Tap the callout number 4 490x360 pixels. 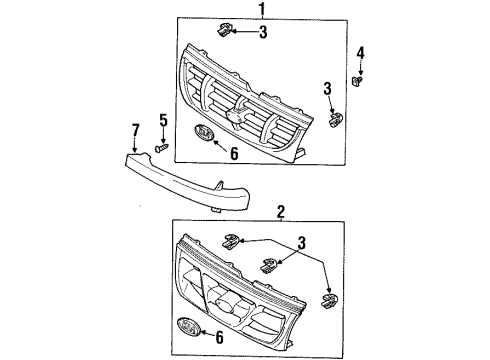(360, 52)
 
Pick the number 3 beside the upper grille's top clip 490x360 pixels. (262, 32)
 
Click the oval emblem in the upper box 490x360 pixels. (204, 134)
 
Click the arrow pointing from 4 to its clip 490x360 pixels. (360, 63)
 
